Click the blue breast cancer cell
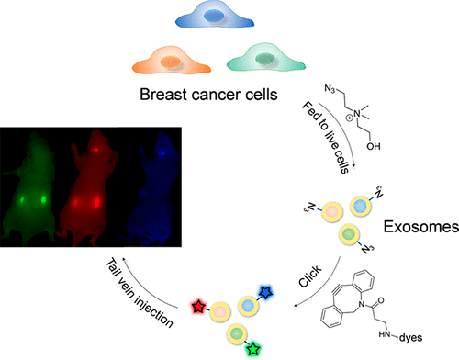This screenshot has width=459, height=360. pyautogui.click(x=215, y=16)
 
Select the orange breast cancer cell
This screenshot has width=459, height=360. pyautogui.click(x=172, y=62)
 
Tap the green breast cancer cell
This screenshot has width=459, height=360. pyautogui.click(x=266, y=59)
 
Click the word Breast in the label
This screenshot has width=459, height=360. pyautogui.click(x=163, y=95)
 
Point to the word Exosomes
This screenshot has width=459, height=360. pyautogui.click(x=421, y=227)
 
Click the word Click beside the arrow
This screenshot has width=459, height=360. pyautogui.click(x=310, y=276)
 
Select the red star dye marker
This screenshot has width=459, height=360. pyautogui.click(x=198, y=307)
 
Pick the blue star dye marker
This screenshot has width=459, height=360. pyautogui.click(x=265, y=292)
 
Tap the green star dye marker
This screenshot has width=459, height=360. pyautogui.click(x=253, y=349)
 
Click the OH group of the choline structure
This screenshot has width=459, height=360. pyautogui.click(x=374, y=146)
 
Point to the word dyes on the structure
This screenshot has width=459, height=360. pyautogui.click(x=410, y=338)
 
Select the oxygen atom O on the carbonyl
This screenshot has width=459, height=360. pyautogui.click(x=380, y=300)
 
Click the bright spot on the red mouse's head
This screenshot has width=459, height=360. pyautogui.click(x=95, y=150)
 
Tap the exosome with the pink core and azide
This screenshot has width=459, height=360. pyautogui.click(x=332, y=212)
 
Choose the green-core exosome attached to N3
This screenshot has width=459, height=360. pyautogui.click(x=349, y=234)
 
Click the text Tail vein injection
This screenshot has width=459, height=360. pyautogui.click(x=140, y=293)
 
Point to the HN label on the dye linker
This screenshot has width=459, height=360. pyautogui.click(x=385, y=334)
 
